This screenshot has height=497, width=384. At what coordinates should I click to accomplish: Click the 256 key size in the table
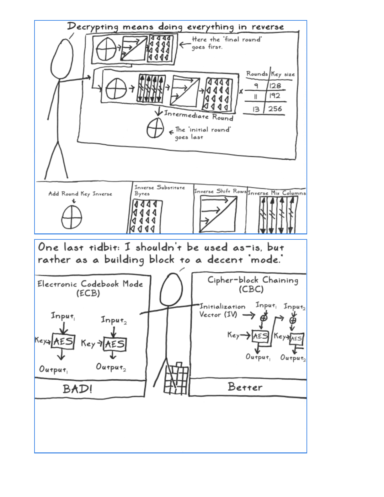point(275,109)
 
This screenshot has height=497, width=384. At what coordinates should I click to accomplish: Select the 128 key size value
point(275,86)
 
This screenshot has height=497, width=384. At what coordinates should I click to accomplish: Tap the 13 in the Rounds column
point(256,109)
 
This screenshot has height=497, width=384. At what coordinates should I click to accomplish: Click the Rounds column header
point(257,74)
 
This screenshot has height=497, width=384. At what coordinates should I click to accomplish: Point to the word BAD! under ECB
point(77,389)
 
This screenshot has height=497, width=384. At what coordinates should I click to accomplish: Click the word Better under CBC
point(245,387)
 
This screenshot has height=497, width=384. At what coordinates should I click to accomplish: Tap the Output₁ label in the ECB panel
point(53,369)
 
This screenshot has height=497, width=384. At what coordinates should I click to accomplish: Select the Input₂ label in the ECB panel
point(114,320)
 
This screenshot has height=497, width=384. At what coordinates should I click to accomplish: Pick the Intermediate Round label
point(199,115)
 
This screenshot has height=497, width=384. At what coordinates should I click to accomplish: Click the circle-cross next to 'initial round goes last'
point(155,128)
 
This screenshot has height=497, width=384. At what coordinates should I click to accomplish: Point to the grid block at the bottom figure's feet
point(176,379)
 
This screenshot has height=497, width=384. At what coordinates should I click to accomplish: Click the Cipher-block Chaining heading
point(253,284)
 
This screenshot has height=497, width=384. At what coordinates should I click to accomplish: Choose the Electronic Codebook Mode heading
point(90,288)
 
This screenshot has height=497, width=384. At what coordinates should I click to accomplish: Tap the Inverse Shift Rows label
point(220,191)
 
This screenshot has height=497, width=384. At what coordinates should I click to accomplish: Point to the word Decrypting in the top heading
point(93,27)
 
